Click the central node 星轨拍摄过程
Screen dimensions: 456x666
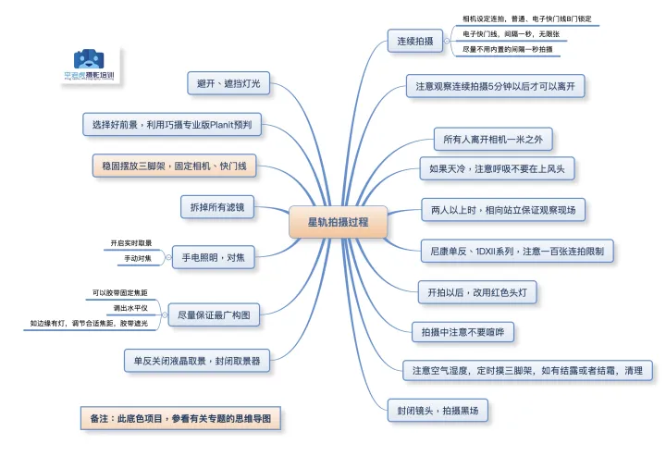tap(339, 222)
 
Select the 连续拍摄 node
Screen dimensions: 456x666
tap(415, 41)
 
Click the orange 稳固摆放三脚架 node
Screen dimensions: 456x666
tap(174, 166)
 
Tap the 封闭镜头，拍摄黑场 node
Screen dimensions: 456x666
tap(438, 409)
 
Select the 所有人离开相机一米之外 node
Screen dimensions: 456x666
tap(493, 140)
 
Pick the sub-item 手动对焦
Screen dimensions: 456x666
tap(141, 258)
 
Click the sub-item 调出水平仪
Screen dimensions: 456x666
tap(129, 306)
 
